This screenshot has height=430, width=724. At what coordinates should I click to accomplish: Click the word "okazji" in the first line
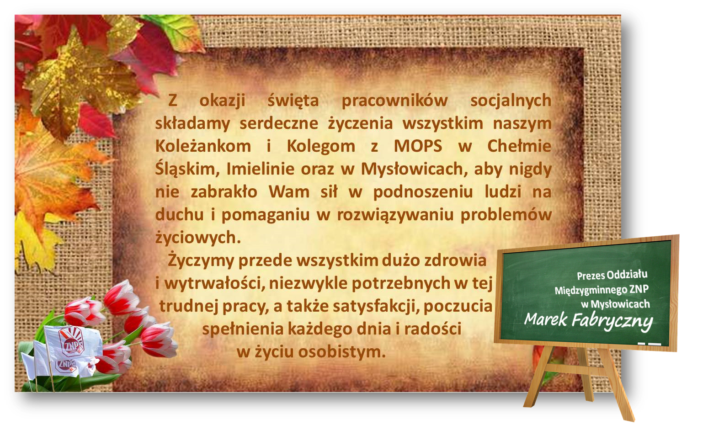point(222,101)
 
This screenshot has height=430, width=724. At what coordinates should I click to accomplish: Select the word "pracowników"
point(394,101)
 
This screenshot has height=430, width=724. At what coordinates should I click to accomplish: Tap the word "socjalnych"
point(511,101)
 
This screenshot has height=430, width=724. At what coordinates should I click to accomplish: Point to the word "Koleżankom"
point(203,146)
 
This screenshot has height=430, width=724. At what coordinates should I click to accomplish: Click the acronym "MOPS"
point(418,146)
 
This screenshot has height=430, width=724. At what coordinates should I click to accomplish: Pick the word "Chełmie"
point(519,146)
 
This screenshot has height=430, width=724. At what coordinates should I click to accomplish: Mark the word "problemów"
point(506,215)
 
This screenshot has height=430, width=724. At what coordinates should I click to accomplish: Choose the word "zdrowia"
point(455,260)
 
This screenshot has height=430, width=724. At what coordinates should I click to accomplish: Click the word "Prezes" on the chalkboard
point(591,276)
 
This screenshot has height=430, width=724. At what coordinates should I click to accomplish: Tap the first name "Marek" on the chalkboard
point(545,319)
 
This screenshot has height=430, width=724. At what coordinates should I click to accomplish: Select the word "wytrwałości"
point(214,283)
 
